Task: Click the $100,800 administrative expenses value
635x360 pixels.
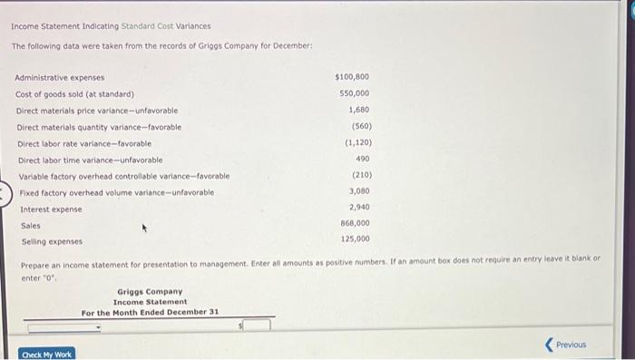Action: pyautogui.click(x=352, y=77)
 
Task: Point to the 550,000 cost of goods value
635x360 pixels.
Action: pyautogui.click(x=355, y=93)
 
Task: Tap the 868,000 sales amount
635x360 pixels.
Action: pyautogui.click(x=355, y=223)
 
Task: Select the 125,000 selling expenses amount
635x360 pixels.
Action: pyautogui.click(x=355, y=239)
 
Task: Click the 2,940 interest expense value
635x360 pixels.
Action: pyautogui.click(x=358, y=208)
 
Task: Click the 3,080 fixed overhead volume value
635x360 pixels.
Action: pyautogui.click(x=358, y=191)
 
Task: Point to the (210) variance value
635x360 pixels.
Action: pyautogui.click(x=360, y=175)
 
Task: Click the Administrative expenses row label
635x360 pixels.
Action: pyautogui.click(x=60, y=78)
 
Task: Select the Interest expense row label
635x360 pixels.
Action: pyautogui.click(x=51, y=209)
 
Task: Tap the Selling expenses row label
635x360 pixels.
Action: pyautogui.click(x=52, y=241)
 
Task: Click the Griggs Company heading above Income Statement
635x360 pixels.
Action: pyautogui.click(x=150, y=292)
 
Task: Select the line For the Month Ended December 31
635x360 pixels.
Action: pyautogui.click(x=150, y=312)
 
